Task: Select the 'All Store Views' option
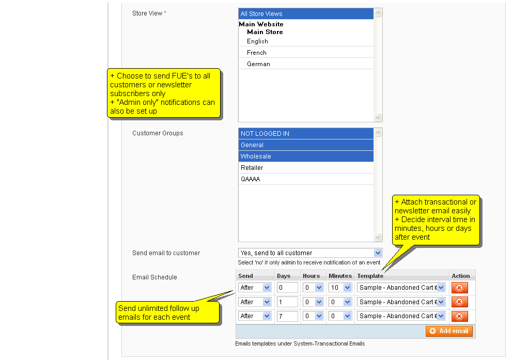pyautogui.click(x=305, y=14)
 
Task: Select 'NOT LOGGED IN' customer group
pyautogui.click(x=305, y=134)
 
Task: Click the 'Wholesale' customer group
pyautogui.click(x=305, y=156)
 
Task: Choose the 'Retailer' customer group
pyautogui.click(x=305, y=168)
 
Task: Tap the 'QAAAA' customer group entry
pyautogui.click(x=305, y=179)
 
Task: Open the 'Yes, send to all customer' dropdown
pyautogui.click(x=310, y=253)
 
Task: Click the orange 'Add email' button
pyautogui.click(x=449, y=331)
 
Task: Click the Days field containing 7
pyautogui.click(x=287, y=316)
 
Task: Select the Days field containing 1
pyautogui.click(x=287, y=302)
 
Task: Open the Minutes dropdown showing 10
pyautogui.click(x=340, y=288)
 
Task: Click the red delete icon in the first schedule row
pyautogui.click(x=459, y=288)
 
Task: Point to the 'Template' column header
pyautogui.click(x=370, y=276)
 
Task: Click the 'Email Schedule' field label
pyautogui.click(x=154, y=277)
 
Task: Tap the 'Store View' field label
pyautogui.click(x=147, y=13)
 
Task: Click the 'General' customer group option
pyautogui.click(x=305, y=145)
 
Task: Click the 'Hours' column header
pyautogui.click(x=311, y=276)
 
